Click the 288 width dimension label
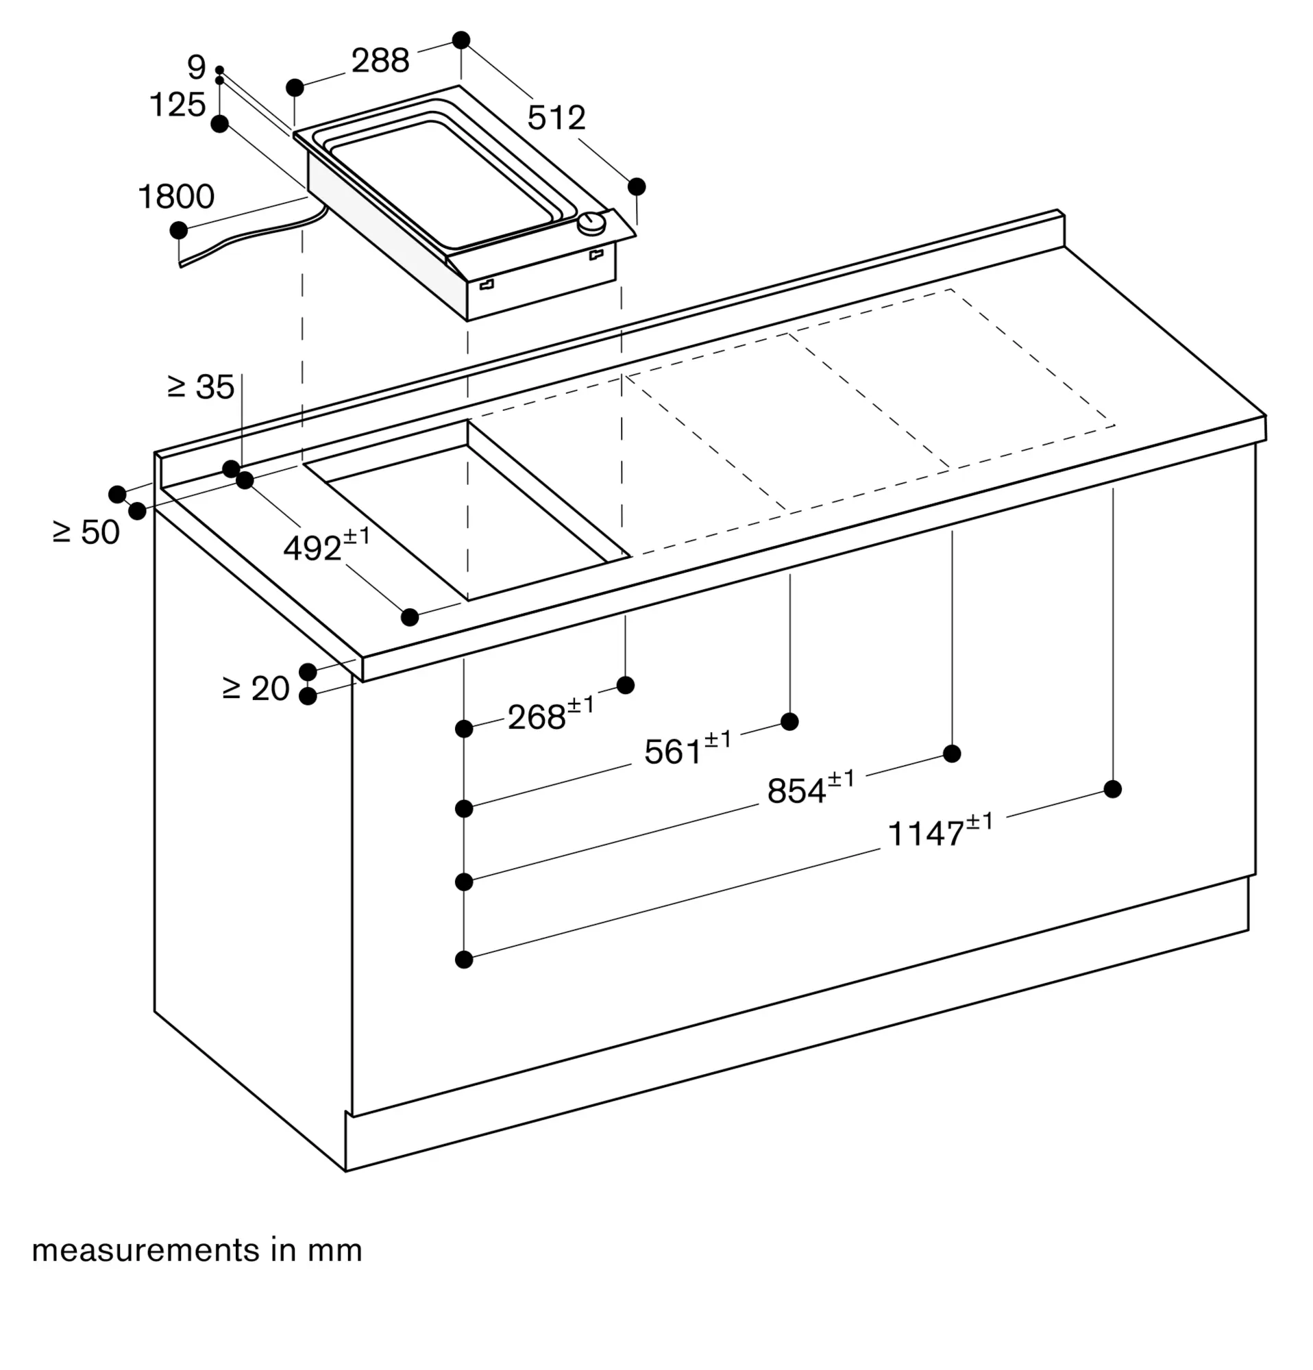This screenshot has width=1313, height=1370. tap(380, 62)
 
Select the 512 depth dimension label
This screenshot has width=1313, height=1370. tap(556, 118)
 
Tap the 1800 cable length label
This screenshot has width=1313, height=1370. tap(176, 197)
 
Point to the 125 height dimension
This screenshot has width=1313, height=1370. tap(177, 105)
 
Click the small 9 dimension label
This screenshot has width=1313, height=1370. tap(197, 68)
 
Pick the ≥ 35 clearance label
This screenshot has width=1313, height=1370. tap(201, 387)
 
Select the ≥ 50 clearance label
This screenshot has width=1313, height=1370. tap(86, 533)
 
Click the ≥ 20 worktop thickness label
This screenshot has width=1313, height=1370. tap(255, 689)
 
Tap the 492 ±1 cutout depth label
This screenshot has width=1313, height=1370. tap(326, 546)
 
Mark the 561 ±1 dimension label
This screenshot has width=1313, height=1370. tap(687, 750)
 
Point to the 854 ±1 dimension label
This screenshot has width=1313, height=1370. tap(810, 790)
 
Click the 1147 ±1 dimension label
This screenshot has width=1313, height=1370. tap(939, 832)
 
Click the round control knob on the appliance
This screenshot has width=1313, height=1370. tap(592, 224)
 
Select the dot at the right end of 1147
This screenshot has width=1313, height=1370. tap(1112, 789)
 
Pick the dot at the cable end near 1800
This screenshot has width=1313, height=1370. tap(178, 230)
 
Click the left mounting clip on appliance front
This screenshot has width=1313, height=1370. tap(487, 284)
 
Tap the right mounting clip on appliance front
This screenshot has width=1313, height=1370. tap(596, 254)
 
